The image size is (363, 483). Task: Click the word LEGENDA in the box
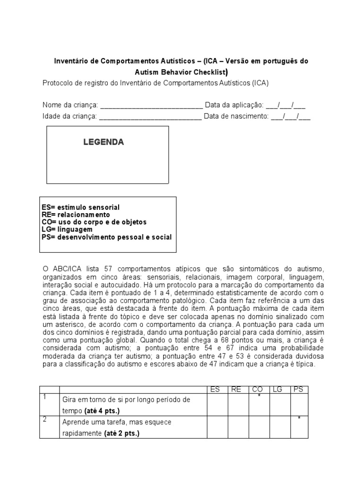(x=104, y=142)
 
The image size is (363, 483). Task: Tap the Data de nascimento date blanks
(x=291, y=117)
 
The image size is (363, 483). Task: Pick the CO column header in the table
(x=258, y=389)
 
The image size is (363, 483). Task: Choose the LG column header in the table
(x=278, y=389)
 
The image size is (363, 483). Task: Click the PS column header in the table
(x=299, y=389)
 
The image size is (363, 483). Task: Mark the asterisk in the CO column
(x=259, y=397)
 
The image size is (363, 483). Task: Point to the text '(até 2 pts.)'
(x=122, y=433)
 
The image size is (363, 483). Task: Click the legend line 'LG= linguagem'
(x=67, y=229)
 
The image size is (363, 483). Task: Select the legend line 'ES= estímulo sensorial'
(x=80, y=208)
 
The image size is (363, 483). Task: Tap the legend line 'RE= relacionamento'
(x=76, y=215)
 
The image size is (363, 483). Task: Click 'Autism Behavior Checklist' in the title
(x=181, y=72)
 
